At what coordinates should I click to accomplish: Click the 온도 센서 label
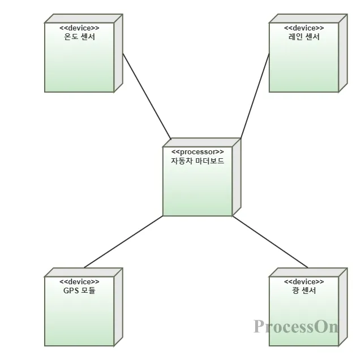click(79, 37)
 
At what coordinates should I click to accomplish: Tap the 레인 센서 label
click(304, 37)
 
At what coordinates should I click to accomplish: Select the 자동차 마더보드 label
click(197, 161)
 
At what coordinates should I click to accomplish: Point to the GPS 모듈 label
click(79, 291)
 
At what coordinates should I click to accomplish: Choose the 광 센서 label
click(304, 291)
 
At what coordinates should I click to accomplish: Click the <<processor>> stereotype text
click(197, 151)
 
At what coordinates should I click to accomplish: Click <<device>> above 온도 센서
click(79, 28)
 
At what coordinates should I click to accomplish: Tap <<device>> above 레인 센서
click(304, 28)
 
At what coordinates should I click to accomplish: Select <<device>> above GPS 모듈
click(79, 281)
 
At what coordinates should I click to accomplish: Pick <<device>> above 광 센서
click(304, 281)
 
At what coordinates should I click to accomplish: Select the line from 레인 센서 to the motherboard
click(255, 96)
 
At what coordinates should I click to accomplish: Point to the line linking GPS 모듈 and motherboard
click(123, 242)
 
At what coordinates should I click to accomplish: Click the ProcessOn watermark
click(295, 327)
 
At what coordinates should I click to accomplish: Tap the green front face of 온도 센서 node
click(79, 68)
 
